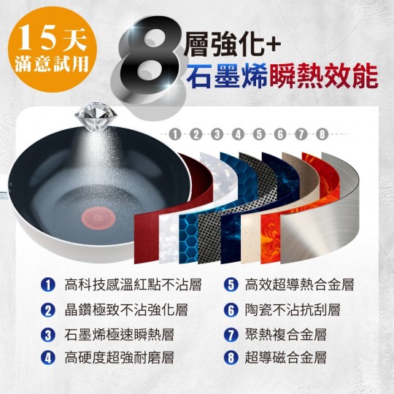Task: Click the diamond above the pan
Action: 96,116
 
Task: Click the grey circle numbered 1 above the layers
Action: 175,134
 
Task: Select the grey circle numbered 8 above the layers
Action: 322,134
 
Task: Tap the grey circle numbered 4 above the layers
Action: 238,134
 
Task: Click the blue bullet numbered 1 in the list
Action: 48,285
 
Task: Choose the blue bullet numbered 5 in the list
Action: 231,285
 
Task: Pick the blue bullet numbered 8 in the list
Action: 231,358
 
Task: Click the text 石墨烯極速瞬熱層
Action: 119,335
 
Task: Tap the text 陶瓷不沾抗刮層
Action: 293,310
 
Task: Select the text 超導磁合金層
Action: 286,358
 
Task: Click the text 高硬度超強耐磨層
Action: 119,358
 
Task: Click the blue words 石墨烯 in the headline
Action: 226,75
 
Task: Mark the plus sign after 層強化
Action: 272,45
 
